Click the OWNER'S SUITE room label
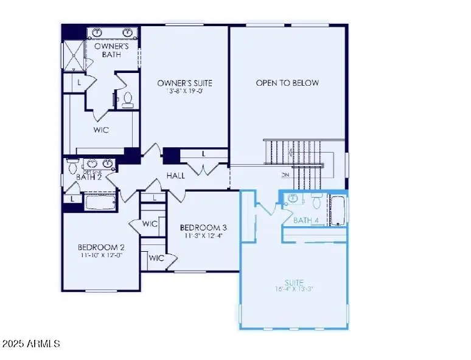(x=184, y=83)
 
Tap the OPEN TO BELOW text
(x=287, y=83)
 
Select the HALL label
(x=176, y=175)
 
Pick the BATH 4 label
(x=305, y=220)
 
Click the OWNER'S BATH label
(x=111, y=49)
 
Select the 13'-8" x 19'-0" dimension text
(x=184, y=92)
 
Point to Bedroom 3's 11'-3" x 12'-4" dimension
(x=203, y=235)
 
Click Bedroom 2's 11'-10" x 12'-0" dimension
(x=101, y=255)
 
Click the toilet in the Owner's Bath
(x=128, y=99)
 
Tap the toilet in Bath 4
(x=316, y=201)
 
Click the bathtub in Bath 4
(x=338, y=210)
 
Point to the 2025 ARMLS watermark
(x=30, y=344)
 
